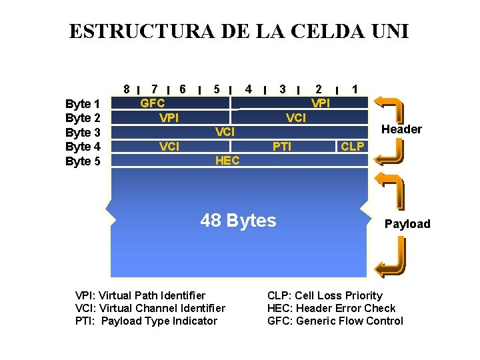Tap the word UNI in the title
pos(386,31)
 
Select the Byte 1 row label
pos(83,104)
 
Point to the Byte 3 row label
pos(83,132)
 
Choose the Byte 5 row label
pos(83,161)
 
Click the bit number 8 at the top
pos(126,89)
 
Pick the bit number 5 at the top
pos(217,89)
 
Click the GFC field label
pos(153,103)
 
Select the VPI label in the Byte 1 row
pos(321,103)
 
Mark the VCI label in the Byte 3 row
pos(225,132)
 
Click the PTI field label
pos(282,146)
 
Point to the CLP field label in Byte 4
pos(353,146)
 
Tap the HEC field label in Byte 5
pos(227,161)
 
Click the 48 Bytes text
pos(238,221)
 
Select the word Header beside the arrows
pos(401,129)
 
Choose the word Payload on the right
pos(407,224)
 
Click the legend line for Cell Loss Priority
pos(325,295)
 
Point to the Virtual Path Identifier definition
pos(141,295)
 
